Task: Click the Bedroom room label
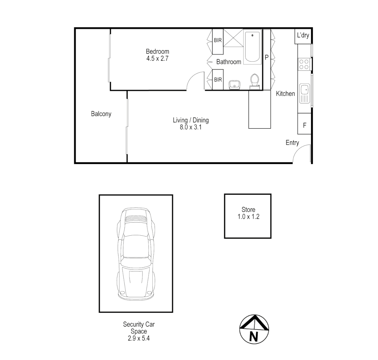point(157,51)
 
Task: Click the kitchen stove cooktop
point(304,64)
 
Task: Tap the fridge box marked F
point(305,125)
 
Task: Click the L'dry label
point(303,35)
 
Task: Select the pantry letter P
point(267,57)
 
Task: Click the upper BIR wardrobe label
point(218,40)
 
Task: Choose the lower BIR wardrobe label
point(218,80)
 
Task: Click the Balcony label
point(101,114)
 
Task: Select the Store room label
point(248,210)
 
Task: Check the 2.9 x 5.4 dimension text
point(139,338)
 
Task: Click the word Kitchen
point(285,94)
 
